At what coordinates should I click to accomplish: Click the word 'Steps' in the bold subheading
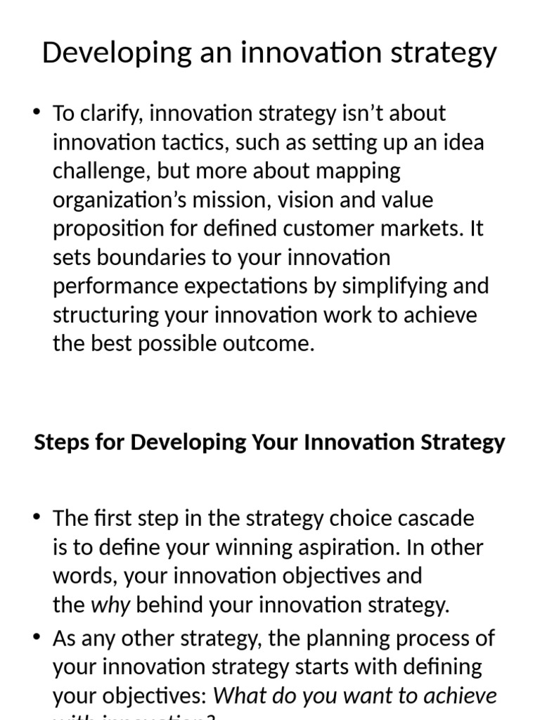pyautogui.click(x=61, y=442)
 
